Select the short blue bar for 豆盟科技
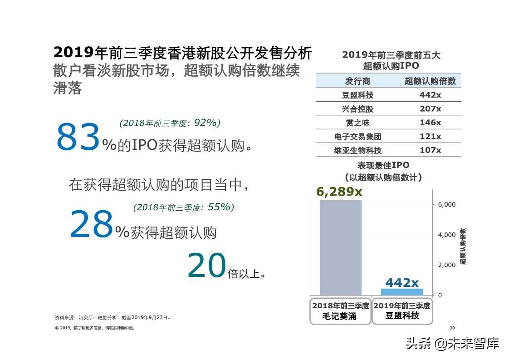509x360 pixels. [401, 292]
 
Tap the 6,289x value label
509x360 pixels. [339, 192]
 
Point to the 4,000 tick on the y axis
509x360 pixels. [446, 235]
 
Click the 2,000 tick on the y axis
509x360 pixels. [446, 265]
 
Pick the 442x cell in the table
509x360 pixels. [430, 95]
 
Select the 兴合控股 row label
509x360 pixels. [357, 109]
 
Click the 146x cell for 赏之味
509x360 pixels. [430, 123]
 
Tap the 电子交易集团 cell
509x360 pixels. [357, 137]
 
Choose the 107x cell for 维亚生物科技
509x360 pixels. [430, 150]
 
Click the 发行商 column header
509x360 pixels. [357, 81]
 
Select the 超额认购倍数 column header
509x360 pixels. [430, 81]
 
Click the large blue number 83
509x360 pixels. [78, 138]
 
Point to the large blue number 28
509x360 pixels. [91, 225]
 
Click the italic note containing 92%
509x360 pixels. [170, 123]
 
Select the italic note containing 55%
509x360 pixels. [184, 207]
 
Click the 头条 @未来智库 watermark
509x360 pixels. [452, 343]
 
